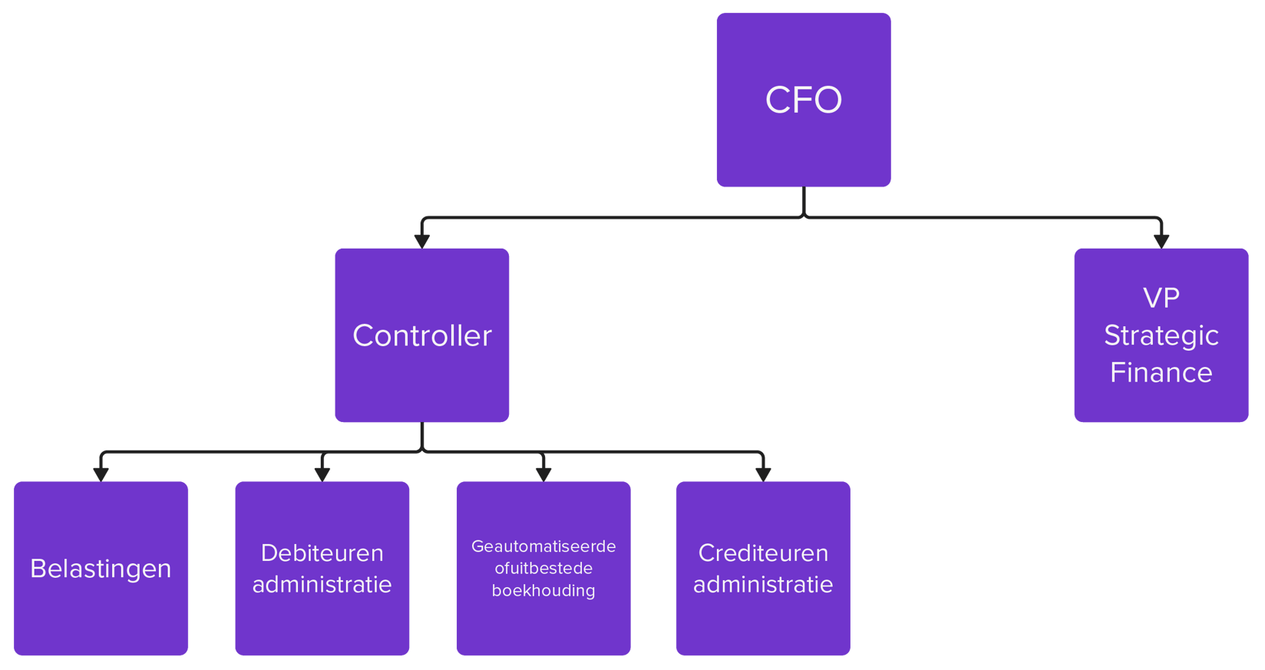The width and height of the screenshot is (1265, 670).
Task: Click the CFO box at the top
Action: tap(804, 100)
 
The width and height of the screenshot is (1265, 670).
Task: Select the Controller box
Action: tap(421, 335)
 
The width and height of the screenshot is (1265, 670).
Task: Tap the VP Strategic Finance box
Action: tap(1161, 335)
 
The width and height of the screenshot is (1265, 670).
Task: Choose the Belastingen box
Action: tap(101, 569)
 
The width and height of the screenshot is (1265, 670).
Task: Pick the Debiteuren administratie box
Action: tap(322, 569)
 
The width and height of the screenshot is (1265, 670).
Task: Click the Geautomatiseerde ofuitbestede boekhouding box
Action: tap(543, 569)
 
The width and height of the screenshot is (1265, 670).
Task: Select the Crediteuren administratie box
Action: tap(763, 569)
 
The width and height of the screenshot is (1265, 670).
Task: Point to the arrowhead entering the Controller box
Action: tap(421, 240)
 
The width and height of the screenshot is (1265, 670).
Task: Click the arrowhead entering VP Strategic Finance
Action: tap(1161, 240)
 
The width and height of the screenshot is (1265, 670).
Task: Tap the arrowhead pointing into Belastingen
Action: tap(101, 474)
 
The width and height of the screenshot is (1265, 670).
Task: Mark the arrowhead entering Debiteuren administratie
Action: tap(322, 474)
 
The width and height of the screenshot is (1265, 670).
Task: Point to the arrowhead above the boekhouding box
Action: tap(543, 474)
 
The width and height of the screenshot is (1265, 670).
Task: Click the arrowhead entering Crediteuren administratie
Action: tap(763, 474)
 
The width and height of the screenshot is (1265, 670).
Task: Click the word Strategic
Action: tap(1161, 335)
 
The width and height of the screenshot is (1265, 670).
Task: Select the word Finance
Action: tap(1161, 373)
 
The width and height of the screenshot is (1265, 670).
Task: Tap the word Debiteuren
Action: tap(322, 553)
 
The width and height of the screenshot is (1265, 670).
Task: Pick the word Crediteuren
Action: tap(763, 553)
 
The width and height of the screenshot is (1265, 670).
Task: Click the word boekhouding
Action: tap(543, 590)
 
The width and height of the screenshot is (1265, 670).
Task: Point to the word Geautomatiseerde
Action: tap(543, 546)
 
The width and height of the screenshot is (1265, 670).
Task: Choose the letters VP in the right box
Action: tap(1161, 298)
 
